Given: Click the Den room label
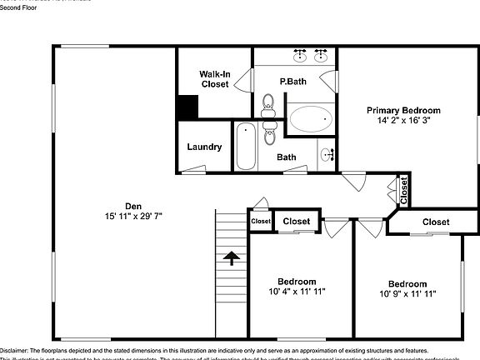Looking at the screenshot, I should click(133, 206).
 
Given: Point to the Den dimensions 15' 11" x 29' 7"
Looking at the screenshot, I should click(133, 216).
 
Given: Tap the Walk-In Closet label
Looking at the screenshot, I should click(214, 79).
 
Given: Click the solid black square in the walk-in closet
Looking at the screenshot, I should click(187, 108).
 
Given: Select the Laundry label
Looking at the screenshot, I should click(204, 147).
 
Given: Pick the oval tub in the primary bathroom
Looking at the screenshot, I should click(310, 118).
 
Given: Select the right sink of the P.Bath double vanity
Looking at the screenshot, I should click(321, 57).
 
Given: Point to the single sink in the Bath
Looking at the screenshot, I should click(327, 155).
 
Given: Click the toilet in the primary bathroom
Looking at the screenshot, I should click(268, 104).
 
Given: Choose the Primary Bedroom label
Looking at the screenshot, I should click(403, 110).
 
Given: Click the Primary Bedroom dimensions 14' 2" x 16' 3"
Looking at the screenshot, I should click(403, 120).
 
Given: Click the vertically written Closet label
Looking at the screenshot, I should click(403, 191).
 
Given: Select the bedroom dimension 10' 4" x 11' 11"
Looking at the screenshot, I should click(297, 292).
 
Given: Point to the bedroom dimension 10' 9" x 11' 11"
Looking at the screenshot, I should click(407, 293).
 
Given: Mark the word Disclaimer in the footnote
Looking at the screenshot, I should click(12, 351).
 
